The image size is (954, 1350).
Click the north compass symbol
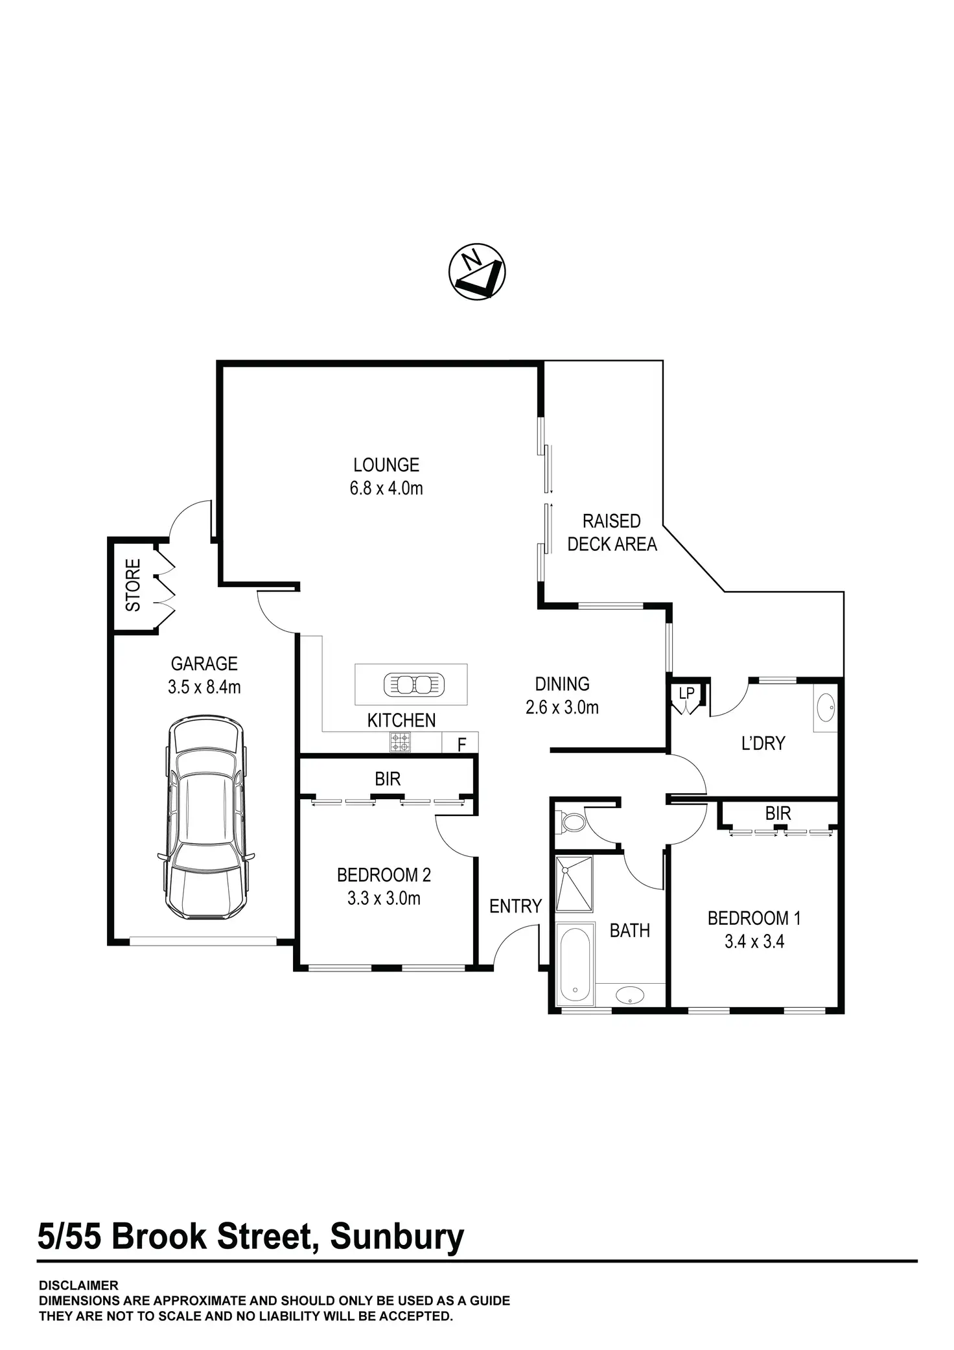point(477,272)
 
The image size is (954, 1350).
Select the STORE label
point(133,585)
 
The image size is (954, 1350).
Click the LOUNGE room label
point(386,465)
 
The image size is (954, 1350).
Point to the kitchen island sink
point(413,684)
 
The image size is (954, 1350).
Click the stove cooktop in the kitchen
point(400,741)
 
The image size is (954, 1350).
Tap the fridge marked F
point(461,744)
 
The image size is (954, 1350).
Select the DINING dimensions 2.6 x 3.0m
point(562,707)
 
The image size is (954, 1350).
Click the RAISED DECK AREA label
point(612,532)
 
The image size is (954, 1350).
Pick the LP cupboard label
point(686,693)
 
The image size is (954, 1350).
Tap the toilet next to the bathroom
point(572,822)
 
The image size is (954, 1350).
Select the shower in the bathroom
point(574,883)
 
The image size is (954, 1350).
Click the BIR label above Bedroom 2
point(388,778)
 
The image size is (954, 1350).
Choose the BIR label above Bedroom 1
point(778,813)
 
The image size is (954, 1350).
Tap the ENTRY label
point(515,906)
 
